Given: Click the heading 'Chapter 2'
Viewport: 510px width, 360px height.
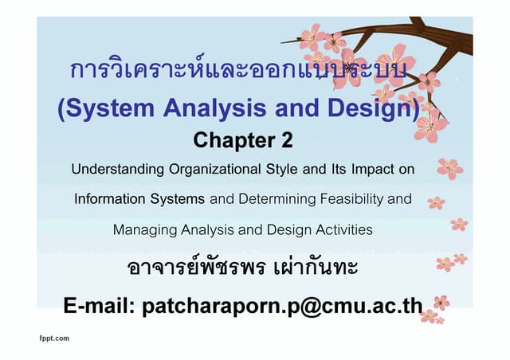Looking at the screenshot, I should pos(243,140).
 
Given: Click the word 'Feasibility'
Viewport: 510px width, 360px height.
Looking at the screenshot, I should pos(343,199).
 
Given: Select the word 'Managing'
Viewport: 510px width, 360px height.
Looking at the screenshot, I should pos(144,230).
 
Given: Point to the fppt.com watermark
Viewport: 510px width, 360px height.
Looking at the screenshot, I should pos(54,338).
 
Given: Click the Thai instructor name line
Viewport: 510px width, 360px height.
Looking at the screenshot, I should pos(243,268).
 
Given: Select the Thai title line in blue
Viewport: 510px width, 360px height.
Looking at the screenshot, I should pos(231,71).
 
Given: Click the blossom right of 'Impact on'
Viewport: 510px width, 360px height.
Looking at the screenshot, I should pos(450,167).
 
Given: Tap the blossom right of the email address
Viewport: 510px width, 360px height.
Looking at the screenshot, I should pos(441,303).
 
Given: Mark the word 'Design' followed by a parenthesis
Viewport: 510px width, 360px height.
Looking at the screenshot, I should pos(375,109).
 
